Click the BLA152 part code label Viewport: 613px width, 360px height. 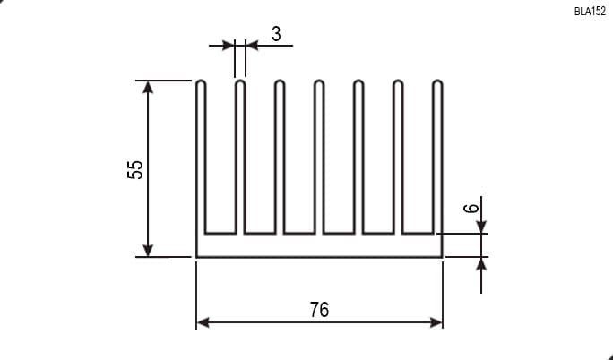tap(590, 12)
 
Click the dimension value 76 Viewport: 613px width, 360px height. tap(320, 310)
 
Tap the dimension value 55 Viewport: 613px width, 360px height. tap(135, 169)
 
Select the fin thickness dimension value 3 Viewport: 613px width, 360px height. tap(276, 34)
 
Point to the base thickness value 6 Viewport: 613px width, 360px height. tap(471, 208)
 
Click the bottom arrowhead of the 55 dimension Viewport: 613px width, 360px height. tap(148, 250)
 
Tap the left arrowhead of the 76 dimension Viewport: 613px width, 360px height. tap(203, 322)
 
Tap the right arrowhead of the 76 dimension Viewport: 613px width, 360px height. tap(436, 322)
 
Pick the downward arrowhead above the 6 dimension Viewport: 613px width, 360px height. tap(481, 227)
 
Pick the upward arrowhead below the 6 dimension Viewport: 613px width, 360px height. tap(481, 264)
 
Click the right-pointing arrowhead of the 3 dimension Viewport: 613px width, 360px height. tap(229, 46)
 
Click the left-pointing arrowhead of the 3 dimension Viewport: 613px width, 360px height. tap(252, 46)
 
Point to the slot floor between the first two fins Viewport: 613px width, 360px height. tap(220, 234)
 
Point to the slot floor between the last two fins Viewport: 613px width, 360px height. tap(418, 234)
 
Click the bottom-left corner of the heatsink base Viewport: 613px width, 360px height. tap(196, 257)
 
